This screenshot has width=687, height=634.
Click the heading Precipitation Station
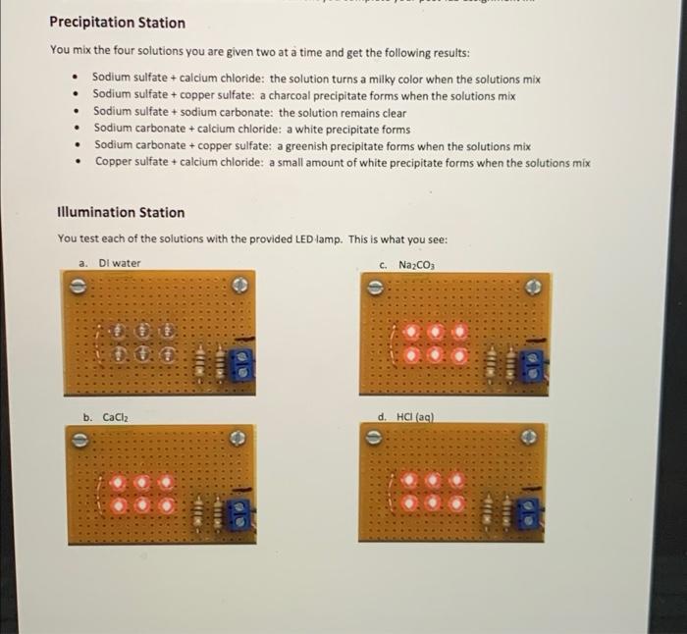[117, 23]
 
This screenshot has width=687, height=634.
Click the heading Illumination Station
[121, 212]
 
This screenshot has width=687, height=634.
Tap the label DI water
[119, 263]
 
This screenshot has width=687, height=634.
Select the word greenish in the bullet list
[308, 145]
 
